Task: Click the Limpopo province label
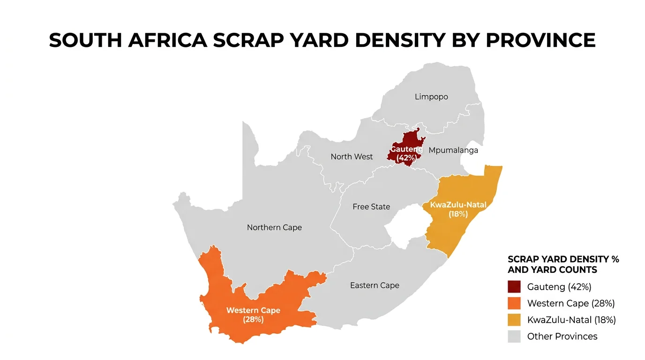pyautogui.click(x=431, y=97)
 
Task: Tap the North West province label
pyautogui.click(x=352, y=157)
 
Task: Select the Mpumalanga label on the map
pyautogui.click(x=453, y=150)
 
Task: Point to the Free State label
pyautogui.click(x=371, y=207)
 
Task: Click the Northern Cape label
pyautogui.click(x=274, y=227)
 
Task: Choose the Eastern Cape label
pyautogui.click(x=375, y=285)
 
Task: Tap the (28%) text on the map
pyautogui.click(x=253, y=320)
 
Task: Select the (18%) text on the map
pyautogui.click(x=458, y=214)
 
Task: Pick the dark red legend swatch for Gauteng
pyautogui.click(x=514, y=287)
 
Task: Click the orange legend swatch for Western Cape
pyautogui.click(x=514, y=303)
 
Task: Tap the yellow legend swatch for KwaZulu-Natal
pyautogui.click(x=514, y=320)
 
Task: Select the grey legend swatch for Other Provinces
pyautogui.click(x=514, y=336)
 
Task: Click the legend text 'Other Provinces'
pyautogui.click(x=562, y=336)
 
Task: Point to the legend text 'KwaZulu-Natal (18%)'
pyautogui.click(x=571, y=320)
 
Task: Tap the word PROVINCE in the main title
pyautogui.click(x=540, y=41)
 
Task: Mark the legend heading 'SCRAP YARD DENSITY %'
pyautogui.click(x=563, y=259)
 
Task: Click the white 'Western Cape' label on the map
pyautogui.click(x=253, y=310)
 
